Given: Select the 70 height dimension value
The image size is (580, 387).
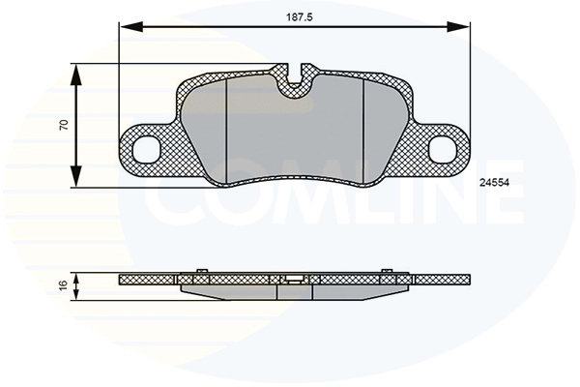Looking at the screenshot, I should point(63,126).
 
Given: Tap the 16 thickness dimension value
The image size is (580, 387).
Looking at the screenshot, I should point(63,285).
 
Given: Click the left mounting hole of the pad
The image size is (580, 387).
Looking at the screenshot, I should point(148,148).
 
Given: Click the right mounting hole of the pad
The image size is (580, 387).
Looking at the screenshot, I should point(442,148).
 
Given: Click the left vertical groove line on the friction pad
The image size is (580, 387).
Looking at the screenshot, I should point(225,131).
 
